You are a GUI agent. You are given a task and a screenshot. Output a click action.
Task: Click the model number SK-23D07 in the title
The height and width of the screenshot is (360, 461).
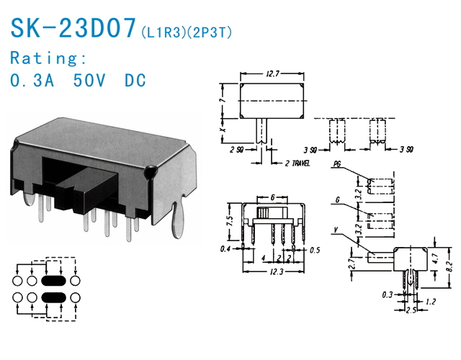(x=73, y=28)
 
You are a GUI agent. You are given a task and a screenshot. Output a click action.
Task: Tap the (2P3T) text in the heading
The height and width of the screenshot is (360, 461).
(x=210, y=32)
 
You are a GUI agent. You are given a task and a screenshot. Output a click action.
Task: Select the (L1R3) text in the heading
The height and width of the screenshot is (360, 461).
(x=164, y=32)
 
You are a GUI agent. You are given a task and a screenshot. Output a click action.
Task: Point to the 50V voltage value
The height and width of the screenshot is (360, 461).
(x=89, y=80)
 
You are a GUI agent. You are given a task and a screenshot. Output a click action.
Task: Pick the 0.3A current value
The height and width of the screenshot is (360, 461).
(x=32, y=80)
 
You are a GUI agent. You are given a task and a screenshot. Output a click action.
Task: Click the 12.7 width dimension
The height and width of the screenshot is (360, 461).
(x=272, y=73)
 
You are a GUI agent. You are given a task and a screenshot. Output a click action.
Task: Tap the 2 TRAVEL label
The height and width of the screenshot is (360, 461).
(x=297, y=163)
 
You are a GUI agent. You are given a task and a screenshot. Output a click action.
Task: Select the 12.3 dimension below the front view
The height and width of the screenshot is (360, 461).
(x=277, y=271)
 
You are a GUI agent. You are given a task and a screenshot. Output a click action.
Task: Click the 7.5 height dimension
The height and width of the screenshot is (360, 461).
(x=230, y=221)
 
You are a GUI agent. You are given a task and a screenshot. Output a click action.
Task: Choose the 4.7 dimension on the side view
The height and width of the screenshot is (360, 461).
(x=435, y=258)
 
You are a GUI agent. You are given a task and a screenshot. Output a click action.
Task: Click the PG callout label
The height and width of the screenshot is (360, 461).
(x=337, y=163)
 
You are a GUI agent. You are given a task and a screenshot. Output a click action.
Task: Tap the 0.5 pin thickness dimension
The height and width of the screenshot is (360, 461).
(x=314, y=250)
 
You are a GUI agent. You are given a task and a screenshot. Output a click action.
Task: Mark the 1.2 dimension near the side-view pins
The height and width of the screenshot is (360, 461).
(x=430, y=301)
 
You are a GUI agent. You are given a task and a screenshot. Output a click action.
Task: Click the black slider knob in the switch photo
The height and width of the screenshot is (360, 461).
(x=87, y=188)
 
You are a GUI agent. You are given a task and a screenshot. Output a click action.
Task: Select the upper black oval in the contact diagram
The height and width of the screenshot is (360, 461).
(x=53, y=281)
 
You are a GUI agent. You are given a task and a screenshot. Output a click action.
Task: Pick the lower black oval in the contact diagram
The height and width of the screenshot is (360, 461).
(x=53, y=297)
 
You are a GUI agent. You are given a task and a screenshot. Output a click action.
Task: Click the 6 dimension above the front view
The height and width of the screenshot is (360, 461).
(x=272, y=197)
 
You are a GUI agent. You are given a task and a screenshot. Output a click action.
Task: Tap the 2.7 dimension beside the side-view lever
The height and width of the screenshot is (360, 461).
(x=353, y=263)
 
